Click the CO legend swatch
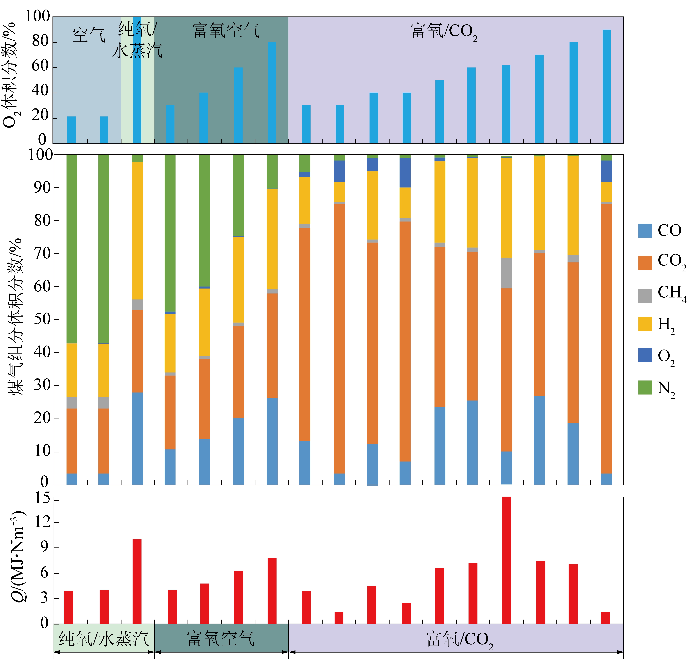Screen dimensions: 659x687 tap(645, 230)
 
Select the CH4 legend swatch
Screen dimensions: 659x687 tap(645, 296)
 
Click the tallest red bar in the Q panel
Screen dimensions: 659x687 tap(507, 560)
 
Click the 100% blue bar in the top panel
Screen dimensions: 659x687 tap(137, 80)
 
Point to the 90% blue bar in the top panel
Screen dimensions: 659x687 tap(607, 86)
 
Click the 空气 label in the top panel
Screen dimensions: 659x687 tap(89, 35)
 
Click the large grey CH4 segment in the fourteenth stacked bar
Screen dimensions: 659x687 tap(507, 273)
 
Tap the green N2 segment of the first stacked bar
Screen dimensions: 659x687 tap(72, 249)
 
